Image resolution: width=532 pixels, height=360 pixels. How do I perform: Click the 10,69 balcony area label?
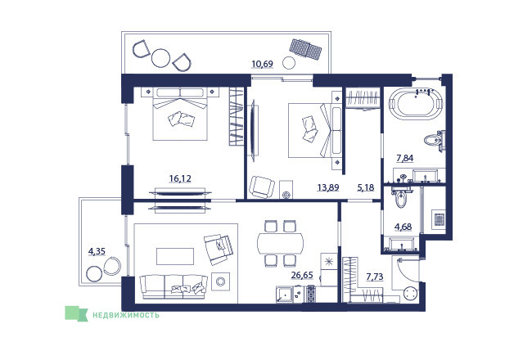(262, 64)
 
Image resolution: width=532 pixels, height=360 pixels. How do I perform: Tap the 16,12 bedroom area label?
(180, 178)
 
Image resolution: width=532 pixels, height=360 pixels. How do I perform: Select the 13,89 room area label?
(328, 187)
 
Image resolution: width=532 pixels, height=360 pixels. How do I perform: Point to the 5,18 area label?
(365, 187)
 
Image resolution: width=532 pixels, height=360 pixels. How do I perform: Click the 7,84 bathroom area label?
(405, 158)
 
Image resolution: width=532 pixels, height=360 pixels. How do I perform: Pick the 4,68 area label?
(404, 227)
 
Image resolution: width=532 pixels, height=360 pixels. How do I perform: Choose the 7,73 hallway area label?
(375, 277)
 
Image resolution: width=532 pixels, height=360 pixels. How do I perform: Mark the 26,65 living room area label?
(302, 275)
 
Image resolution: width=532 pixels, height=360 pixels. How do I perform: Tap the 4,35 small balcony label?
(97, 251)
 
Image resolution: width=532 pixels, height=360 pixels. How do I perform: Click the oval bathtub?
(416, 103)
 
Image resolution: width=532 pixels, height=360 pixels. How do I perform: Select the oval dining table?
(281, 243)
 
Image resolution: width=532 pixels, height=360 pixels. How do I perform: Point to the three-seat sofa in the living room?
(174, 286)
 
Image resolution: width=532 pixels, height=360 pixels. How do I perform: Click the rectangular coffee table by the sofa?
(175, 256)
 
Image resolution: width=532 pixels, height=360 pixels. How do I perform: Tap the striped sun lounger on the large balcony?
(305, 49)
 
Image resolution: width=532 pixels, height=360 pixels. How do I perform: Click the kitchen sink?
(285, 295)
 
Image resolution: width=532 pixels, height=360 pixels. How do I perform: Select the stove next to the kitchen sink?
(311, 295)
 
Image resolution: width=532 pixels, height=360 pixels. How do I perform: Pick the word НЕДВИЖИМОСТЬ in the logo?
(126, 315)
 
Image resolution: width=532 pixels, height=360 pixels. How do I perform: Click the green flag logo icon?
(76, 313)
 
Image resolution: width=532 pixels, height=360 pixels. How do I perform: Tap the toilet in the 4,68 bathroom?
(401, 199)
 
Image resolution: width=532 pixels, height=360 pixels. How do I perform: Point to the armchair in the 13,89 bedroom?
(262, 187)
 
